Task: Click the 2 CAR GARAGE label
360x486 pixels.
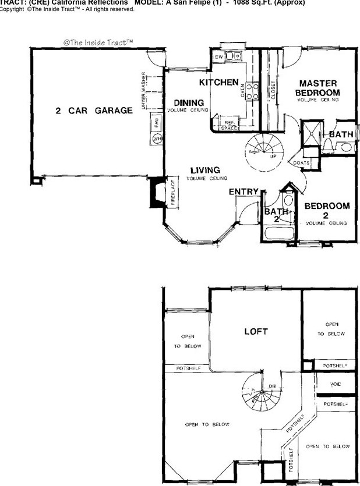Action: tap(94, 111)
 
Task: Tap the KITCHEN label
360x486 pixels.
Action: tap(219, 82)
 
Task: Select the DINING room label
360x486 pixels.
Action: tap(188, 103)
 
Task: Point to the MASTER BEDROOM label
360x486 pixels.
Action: tap(317, 88)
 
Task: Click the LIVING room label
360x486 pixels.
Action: tap(204, 171)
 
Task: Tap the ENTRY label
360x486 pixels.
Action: tap(243, 191)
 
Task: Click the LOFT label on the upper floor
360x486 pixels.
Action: tap(256, 331)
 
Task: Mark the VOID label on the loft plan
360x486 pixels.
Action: tap(335, 385)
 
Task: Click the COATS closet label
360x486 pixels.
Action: tap(301, 163)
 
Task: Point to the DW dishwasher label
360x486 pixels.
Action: tap(219, 57)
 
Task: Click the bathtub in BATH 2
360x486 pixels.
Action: tap(280, 235)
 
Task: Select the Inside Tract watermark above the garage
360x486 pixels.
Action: tap(98, 42)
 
